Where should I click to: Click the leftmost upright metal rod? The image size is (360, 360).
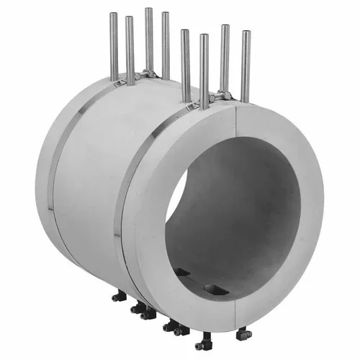114,47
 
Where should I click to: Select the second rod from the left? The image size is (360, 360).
130,50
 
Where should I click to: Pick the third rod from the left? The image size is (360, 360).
149,40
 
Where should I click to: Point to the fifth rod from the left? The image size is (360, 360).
186,65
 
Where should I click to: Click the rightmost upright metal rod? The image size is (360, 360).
246,65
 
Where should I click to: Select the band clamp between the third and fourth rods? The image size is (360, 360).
150,73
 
